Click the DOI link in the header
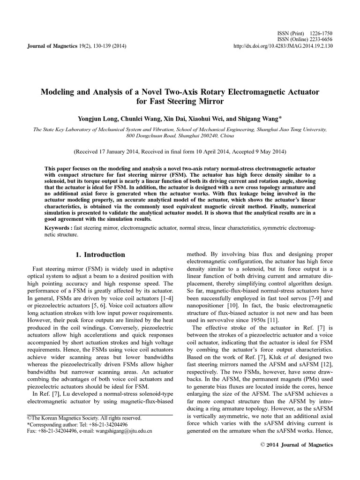[283, 46]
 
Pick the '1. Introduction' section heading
[100, 255]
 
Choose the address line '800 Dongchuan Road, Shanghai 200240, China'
[180, 135]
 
